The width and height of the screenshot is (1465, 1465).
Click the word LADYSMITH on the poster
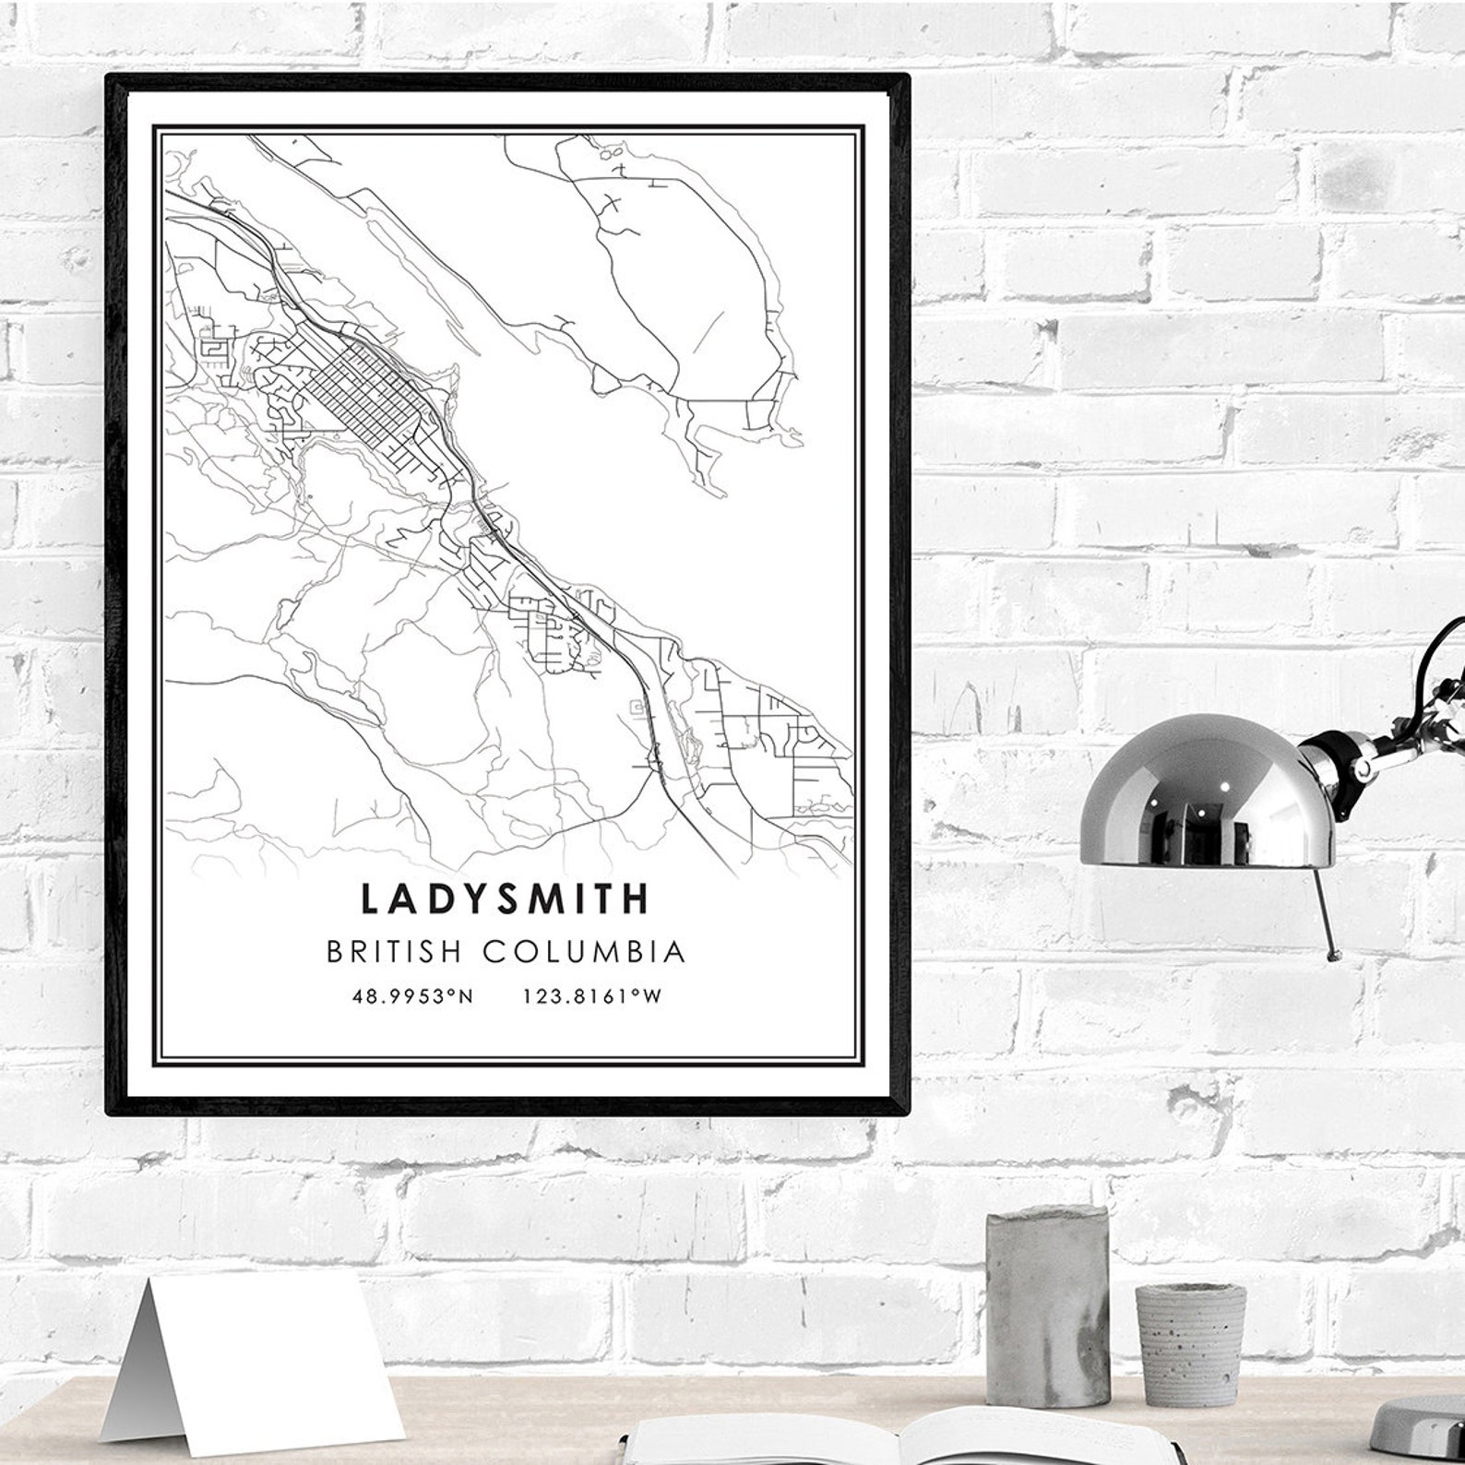[x=506, y=899]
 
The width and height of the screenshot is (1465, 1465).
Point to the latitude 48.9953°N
[x=412, y=996]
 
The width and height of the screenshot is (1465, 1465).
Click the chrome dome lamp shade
[x=1207, y=793]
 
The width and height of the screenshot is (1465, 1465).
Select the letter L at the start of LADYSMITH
[x=370, y=899]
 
